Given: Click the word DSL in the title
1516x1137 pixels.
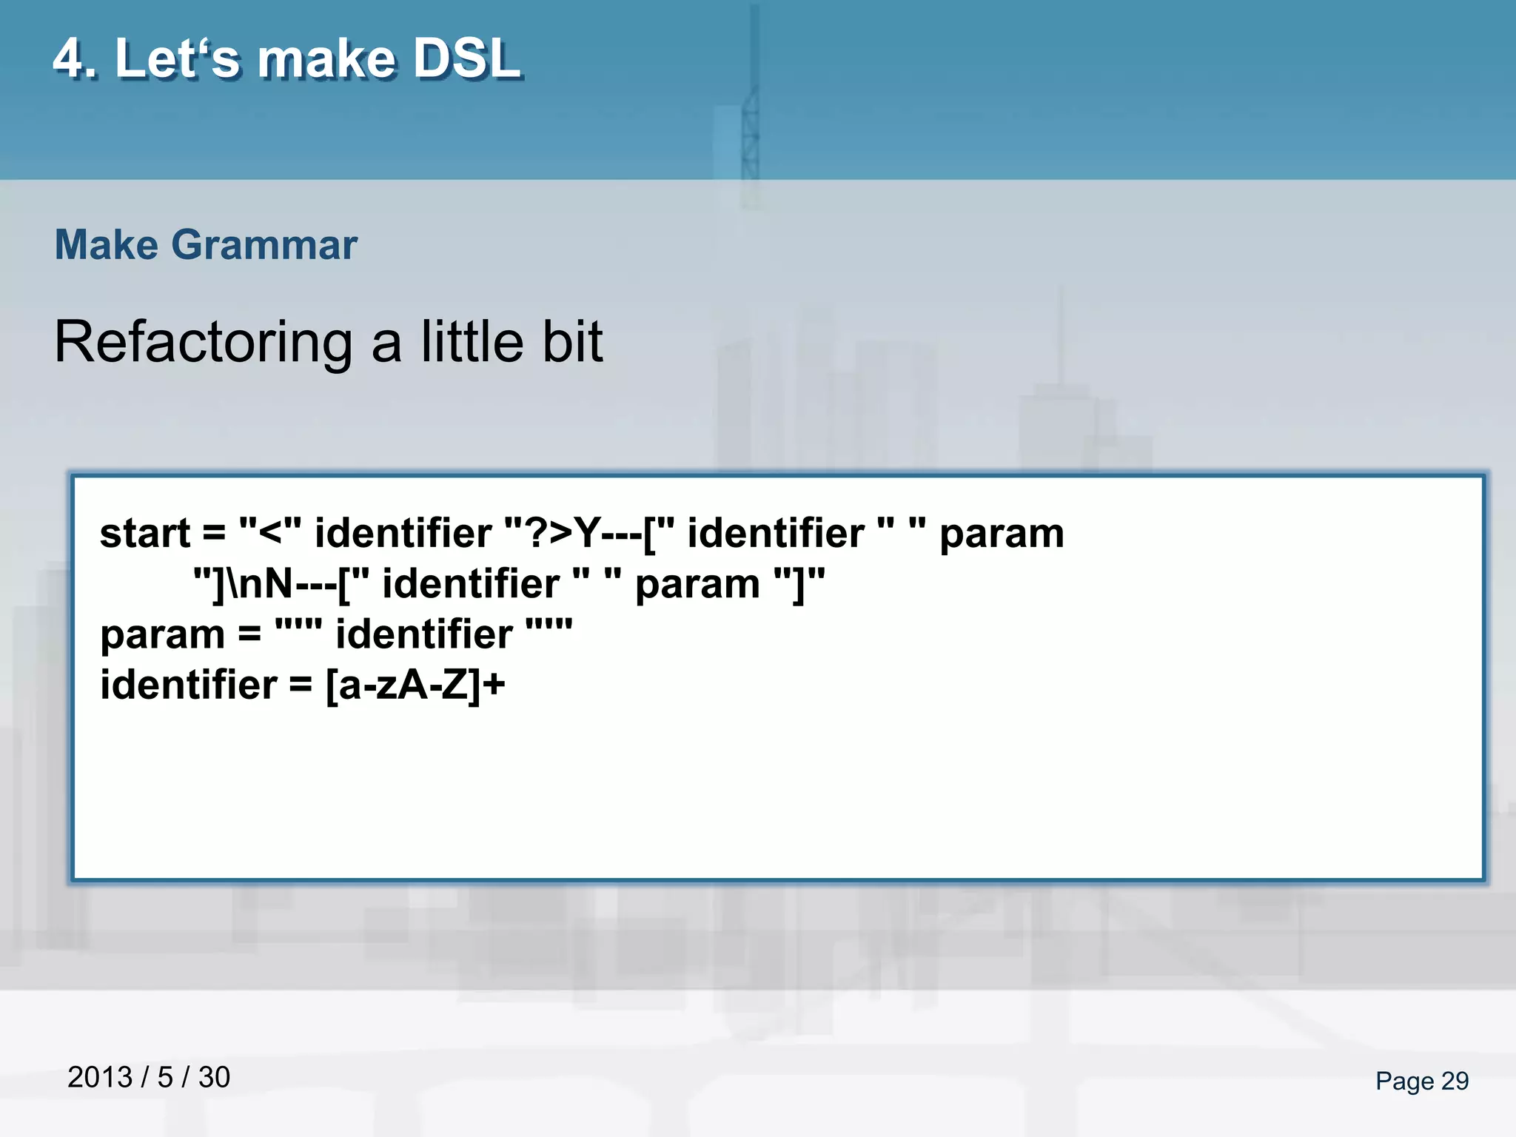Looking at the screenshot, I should (x=466, y=59).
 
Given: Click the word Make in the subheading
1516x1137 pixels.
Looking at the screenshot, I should (x=107, y=245).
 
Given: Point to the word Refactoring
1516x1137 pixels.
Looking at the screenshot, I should (x=203, y=343).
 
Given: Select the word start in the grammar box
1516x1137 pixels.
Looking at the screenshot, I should (x=145, y=534).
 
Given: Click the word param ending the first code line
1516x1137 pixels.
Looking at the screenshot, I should (x=1002, y=534).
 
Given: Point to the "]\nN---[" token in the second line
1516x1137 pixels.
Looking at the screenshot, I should (x=281, y=584).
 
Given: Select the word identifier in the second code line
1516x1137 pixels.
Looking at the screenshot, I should (x=470, y=584).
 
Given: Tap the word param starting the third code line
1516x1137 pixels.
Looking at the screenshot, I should (x=162, y=636).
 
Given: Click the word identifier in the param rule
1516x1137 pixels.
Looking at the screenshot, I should (x=423, y=634).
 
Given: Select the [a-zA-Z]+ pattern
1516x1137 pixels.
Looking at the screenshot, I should (x=415, y=685).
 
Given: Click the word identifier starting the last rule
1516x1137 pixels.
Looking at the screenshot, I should (x=189, y=685).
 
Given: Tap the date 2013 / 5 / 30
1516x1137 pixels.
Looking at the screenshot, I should (x=149, y=1077).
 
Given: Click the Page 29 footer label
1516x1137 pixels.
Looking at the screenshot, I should (x=1421, y=1081).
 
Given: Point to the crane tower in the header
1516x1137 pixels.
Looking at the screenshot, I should (x=751, y=111).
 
